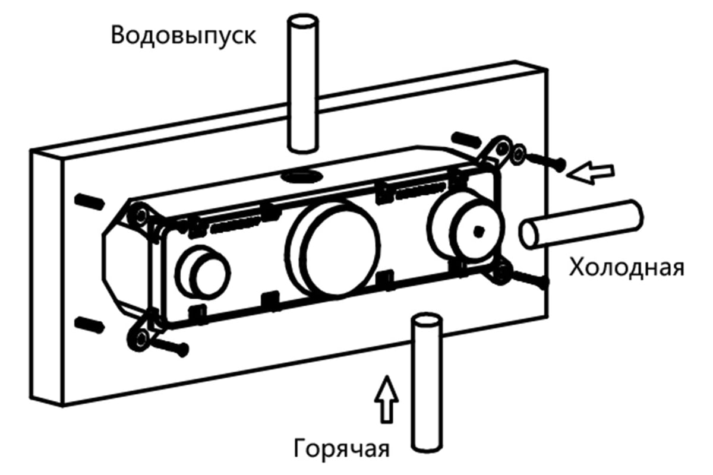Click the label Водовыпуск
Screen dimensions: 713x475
pyautogui.click(x=184, y=36)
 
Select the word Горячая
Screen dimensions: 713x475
pyautogui.click(x=341, y=449)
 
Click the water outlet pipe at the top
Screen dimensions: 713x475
pyautogui.click(x=302, y=83)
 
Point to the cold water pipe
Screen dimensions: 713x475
pyautogui.click(x=581, y=224)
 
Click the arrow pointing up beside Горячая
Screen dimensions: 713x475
pyautogui.click(x=386, y=400)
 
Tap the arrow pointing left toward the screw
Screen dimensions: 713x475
pyautogui.click(x=591, y=173)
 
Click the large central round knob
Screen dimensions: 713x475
pyautogui.click(x=333, y=250)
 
